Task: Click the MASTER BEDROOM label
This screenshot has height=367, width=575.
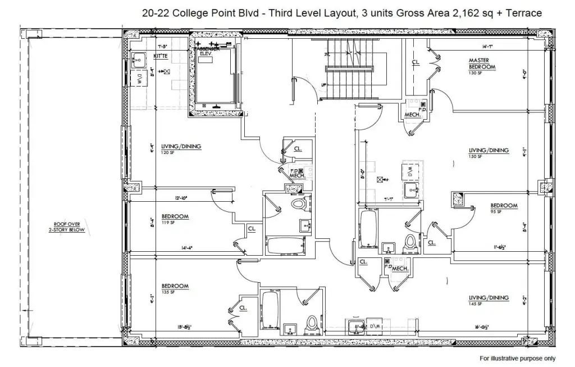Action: (x=482, y=64)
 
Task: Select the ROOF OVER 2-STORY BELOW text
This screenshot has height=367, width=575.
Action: (x=67, y=226)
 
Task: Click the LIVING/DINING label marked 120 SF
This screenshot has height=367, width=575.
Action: (x=181, y=147)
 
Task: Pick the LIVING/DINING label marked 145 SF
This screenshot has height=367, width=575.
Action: (x=489, y=297)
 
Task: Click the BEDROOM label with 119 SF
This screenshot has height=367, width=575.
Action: (x=175, y=216)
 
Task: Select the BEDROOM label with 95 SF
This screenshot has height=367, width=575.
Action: (x=504, y=206)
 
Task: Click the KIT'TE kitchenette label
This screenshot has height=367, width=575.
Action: (x=161, y=57)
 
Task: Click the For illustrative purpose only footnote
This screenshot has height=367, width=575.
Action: (x=517, y=358)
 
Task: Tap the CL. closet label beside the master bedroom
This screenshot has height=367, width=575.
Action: (x=416, y=62)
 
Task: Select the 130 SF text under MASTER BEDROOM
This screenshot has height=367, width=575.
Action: (x=476, y=73)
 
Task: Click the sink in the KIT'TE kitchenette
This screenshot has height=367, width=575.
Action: (x=136, y=58)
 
